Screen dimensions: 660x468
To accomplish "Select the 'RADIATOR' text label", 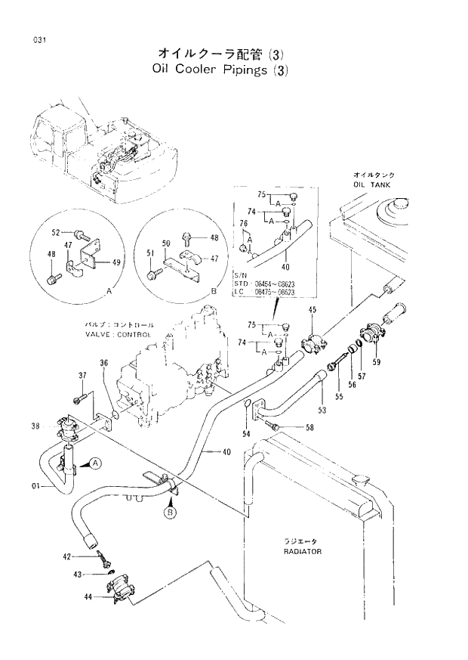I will pyautogui.click(x=302, y=551).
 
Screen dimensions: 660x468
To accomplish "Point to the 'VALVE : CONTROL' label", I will pyautogui.click(x=119, y=334).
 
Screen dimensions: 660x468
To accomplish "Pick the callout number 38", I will pyautogui.click(x=35, y=425).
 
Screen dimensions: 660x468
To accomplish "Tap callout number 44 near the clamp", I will pyautogui.click(x=88, y=597).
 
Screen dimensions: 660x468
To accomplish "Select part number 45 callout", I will pyautogui.click(x=313, y=311).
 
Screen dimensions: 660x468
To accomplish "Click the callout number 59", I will pyautogui.click(x=376, y=361).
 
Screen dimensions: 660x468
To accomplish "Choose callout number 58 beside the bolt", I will pyautogui.click(x=309, y=428).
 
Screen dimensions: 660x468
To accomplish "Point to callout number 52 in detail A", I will pyautogui.click(x=56, y=232).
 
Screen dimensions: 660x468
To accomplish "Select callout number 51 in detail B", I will pyautogui.click(x=150, y=253).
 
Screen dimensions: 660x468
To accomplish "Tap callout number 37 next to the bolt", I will pyautogui.click(x=82, y=376).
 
